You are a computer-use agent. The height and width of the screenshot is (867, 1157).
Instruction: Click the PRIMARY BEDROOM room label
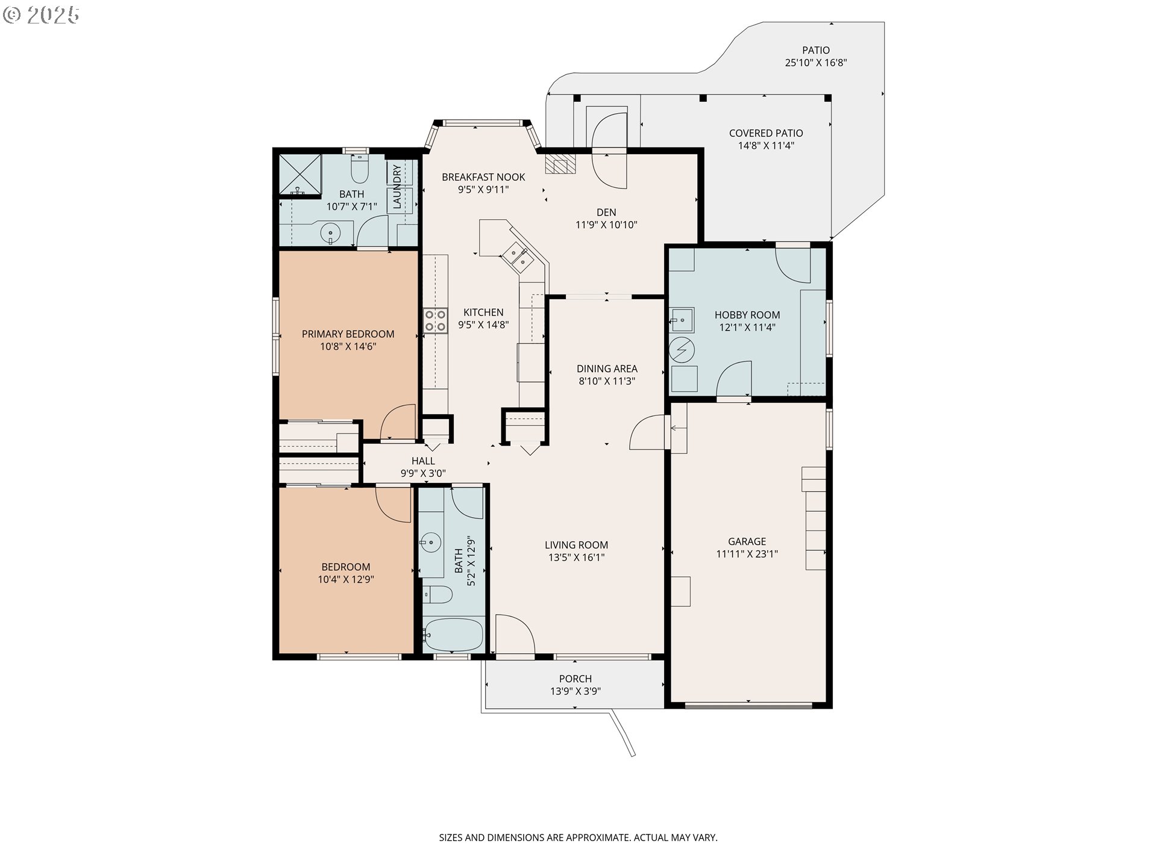point(348,334)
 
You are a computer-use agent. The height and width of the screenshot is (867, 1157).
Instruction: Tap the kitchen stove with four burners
point(435,320)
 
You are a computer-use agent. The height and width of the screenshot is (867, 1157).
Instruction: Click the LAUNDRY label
point(397,187)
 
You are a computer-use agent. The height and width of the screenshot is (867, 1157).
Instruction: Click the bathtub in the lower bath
point(453,635)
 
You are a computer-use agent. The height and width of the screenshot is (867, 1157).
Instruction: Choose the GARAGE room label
point(747,541)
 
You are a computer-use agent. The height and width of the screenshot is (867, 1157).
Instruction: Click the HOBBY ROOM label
point(747,315)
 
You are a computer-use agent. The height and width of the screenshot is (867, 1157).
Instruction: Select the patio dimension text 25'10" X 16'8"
point(816,63)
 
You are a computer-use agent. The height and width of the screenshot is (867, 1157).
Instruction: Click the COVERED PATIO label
point(766,133)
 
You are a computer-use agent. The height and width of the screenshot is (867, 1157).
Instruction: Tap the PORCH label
point(575,679)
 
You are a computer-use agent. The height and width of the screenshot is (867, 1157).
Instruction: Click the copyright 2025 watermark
point(42,15)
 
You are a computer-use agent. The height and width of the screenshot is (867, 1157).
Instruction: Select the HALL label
point(423,461)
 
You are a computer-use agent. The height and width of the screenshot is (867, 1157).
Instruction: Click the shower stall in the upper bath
point(299,175)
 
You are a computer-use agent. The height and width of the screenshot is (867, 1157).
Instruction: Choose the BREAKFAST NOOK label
point(483,177)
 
